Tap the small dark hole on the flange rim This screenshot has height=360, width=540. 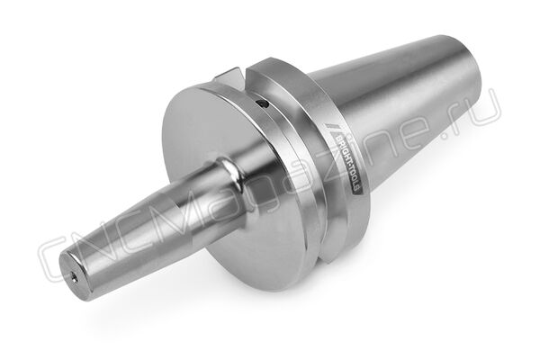pos(263,103)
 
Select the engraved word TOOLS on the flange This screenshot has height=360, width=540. pos(355,179)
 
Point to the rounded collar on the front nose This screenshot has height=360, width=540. pos(232,171)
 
